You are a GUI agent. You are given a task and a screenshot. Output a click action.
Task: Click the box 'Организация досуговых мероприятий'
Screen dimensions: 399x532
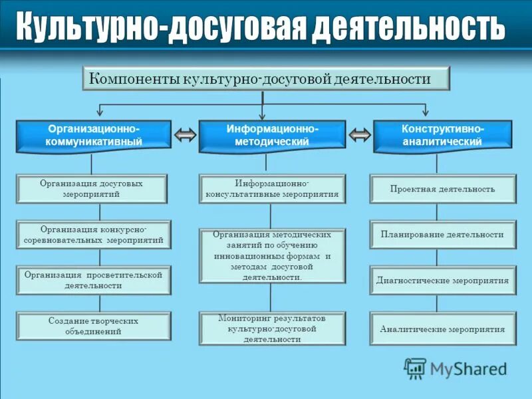coord(93,188)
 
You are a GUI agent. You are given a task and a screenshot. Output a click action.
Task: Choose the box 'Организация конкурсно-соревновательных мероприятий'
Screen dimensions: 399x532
coord(93,234)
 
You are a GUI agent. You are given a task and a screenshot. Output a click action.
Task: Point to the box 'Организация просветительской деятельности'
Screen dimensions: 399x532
coord(93,279)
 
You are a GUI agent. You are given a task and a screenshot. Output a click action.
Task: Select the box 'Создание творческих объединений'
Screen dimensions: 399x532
coord(93,326)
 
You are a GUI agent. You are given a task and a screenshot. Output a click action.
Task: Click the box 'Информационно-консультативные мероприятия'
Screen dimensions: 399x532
coord(272,189)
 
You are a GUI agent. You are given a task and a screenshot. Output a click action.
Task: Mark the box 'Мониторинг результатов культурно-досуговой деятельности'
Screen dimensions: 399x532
coord(272,329)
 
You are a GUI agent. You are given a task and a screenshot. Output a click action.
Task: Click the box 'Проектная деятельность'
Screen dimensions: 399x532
coord(442,189)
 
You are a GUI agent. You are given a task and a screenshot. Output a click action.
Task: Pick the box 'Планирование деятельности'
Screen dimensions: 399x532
coord(442,234)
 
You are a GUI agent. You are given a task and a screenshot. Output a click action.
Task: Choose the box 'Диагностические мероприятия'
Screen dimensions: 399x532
coord(442,280)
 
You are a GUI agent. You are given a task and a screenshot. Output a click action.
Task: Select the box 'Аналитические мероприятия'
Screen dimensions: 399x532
coord(442,329)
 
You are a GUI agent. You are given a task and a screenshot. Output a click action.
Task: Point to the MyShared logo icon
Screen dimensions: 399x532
coord(416,368)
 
